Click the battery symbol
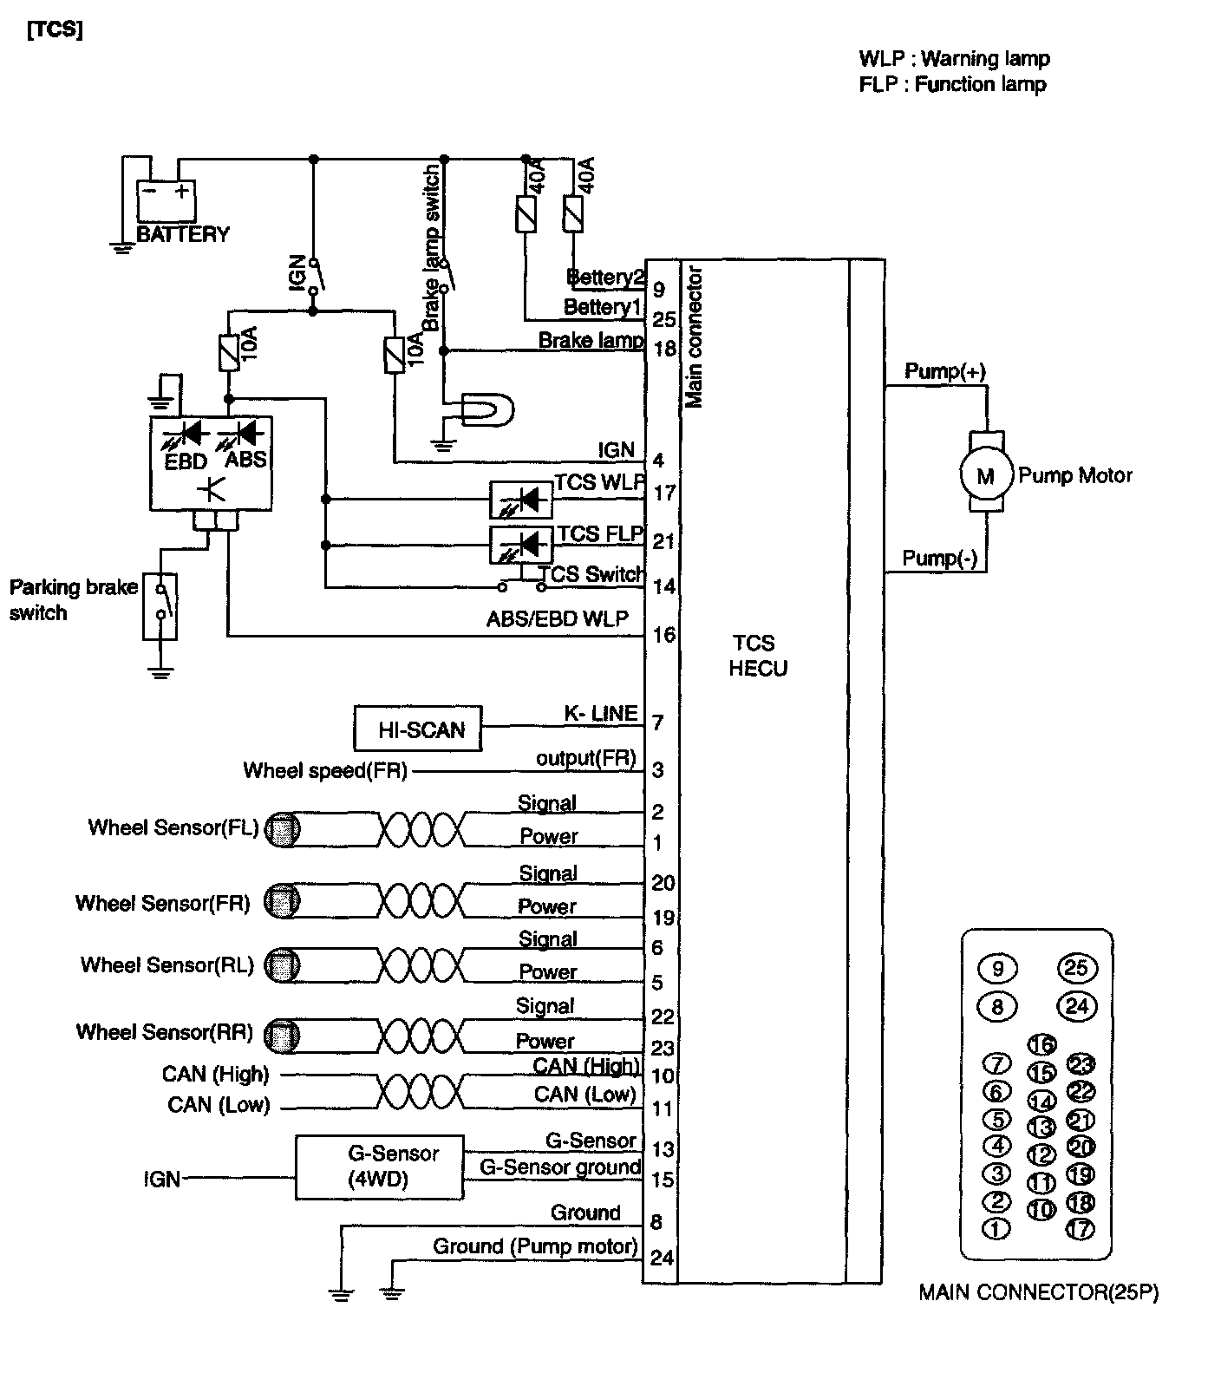(x=166, y=200)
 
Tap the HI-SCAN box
(x=418, y=729)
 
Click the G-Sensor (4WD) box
(x=380, y=1167)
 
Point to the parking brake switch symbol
(x=160, y=606)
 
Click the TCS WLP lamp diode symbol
(x=521, y=500)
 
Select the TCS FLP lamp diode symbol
(x=521, y=545)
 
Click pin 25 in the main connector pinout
(x=1078, y=968)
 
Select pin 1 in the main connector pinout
(x=996, y=1228)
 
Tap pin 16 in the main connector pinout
(x=1042, y=1045)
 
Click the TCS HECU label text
(x=754, y=656)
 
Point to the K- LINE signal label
(x=601, y=714)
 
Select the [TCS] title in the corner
(x=55, y=29)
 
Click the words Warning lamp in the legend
(x=985, y=59)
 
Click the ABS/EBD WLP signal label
(x=558, y=619)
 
